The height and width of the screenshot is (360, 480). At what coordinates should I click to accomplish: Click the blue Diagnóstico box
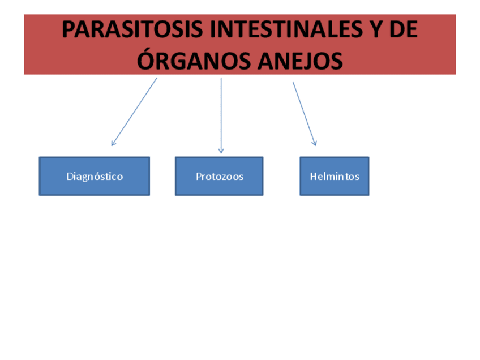(94, 176)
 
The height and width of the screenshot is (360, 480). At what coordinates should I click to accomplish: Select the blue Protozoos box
(219, 176)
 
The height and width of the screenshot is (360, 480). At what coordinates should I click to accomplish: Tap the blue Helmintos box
(334, 176)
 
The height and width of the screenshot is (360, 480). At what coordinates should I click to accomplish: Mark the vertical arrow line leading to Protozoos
(221, 113)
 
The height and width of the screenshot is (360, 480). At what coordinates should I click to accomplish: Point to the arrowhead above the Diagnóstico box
(113, 144)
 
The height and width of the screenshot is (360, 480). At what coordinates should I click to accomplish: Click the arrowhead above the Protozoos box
(221, 151)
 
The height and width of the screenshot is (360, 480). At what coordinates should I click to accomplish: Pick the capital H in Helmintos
(313, 176)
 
